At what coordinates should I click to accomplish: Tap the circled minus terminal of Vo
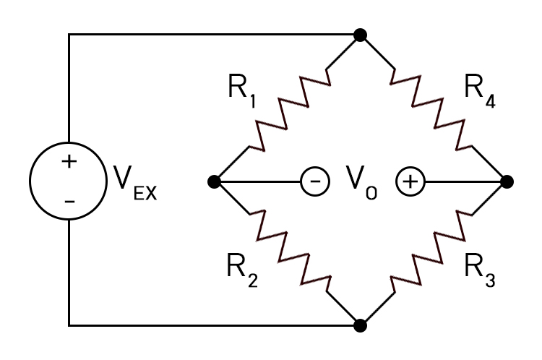click(x=314, y=181)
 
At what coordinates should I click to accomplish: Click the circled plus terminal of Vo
click(x=409, y=181)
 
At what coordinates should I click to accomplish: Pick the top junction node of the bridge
click(x=359, y=34)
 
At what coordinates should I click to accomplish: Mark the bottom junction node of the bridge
click(x=359, y=325)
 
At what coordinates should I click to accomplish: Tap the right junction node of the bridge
click(x=507, y=181)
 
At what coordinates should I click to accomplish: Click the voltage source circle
click(x=69, y=181)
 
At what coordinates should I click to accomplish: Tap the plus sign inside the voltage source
click(x=69, y=162)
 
